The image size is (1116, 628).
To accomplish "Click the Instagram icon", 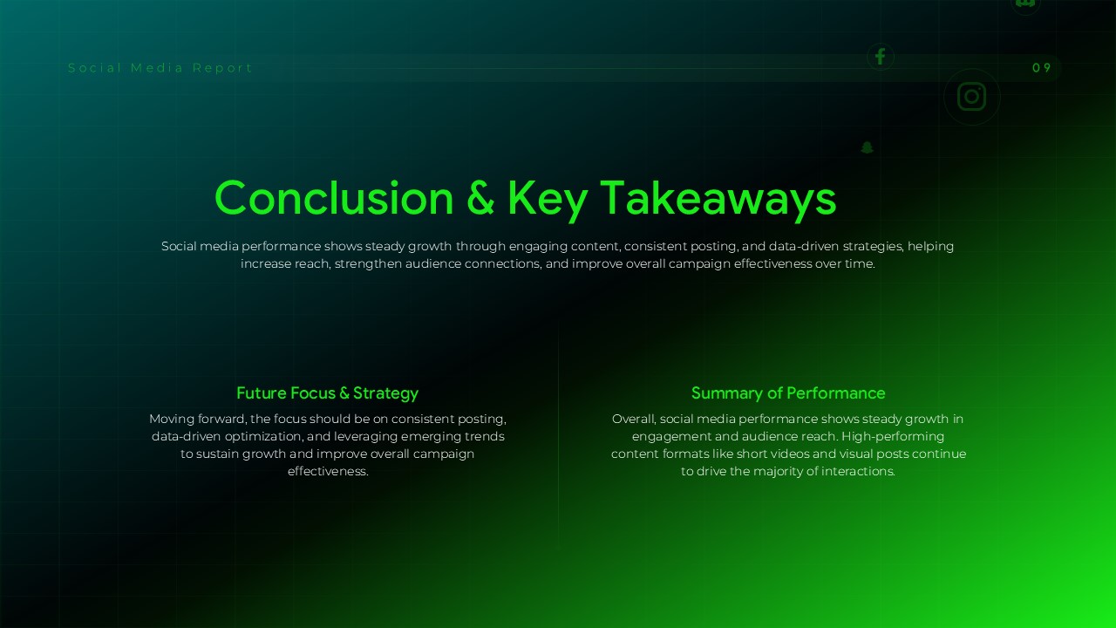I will click(971, 97).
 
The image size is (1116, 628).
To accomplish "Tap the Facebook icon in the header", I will click(880, 57).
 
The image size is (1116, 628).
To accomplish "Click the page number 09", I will click(1042, 68).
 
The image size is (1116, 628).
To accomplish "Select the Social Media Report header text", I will click(160, 68).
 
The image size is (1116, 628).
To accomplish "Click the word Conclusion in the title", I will click(334, 198).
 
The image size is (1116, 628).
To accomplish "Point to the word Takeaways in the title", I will click(718, 198).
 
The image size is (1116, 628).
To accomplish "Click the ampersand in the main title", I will click(480, 198).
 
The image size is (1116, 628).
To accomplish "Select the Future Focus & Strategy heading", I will click(327, 393).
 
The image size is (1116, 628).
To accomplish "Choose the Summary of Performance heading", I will click(788, 393).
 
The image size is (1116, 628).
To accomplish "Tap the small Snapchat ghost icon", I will click(867, 147).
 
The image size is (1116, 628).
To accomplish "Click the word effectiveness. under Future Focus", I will click(328, 472).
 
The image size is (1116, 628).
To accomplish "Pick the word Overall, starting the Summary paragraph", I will click(634, 420).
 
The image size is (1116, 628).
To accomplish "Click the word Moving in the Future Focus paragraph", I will click(173, 420).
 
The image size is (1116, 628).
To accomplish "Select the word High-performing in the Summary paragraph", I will click(893, 437).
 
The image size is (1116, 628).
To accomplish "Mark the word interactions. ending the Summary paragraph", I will click(859, 472).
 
